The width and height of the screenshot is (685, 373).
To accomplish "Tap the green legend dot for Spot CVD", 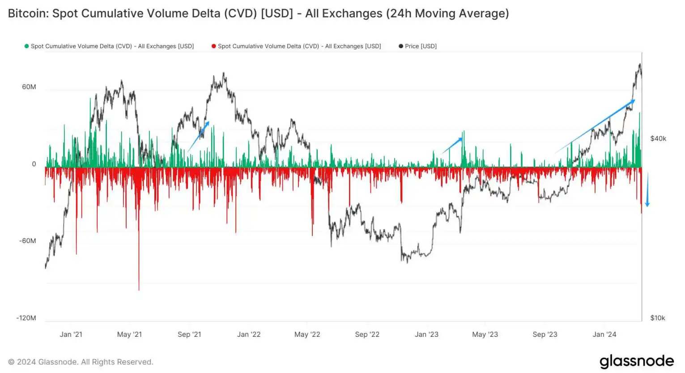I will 27,46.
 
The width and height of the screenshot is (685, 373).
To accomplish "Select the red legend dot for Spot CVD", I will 214,46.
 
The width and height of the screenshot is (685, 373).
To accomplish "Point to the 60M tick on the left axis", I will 29,87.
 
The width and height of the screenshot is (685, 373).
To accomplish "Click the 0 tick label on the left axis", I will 34,164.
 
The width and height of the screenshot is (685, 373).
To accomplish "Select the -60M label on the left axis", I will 28,241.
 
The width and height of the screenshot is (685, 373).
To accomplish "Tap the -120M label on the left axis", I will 26,318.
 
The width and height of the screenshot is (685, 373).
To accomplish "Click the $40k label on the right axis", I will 658,138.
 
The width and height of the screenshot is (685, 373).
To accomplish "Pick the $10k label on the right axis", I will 658,318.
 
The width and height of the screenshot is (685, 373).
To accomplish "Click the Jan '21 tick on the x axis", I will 71,334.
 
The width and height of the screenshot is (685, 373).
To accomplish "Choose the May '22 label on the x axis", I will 307,334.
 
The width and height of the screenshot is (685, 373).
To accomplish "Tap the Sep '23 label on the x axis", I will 545,334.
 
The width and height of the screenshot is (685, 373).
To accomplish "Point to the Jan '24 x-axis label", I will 604,334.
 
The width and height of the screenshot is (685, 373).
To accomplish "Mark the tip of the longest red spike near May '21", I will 139,289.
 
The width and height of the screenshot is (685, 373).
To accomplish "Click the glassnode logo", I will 637,361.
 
